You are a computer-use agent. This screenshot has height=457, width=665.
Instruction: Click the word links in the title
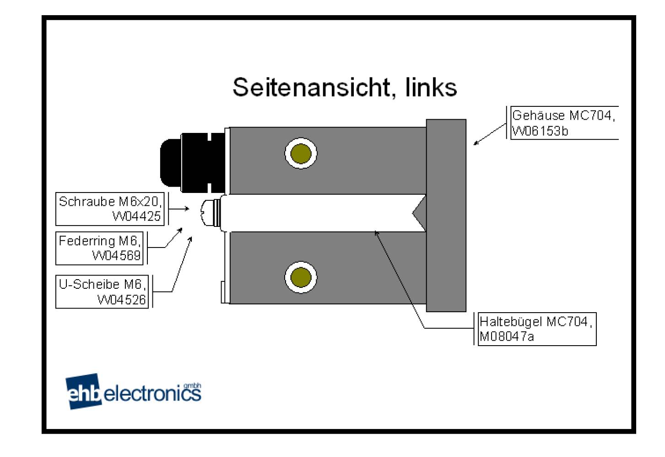click(x=431, y=87)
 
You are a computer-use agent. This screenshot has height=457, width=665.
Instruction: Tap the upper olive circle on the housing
click(x=301, y=153)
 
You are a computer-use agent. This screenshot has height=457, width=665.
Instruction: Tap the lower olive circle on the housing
click(x=301, y=277)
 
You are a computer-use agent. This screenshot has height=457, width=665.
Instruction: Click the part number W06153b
click(x=540, y=131)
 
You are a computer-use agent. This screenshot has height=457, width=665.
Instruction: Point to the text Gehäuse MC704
click(x=563, y=116)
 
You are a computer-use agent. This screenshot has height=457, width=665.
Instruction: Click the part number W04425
click(x=136, y=216)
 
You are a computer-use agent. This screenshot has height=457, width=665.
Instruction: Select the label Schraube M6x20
click(x=110, y=201)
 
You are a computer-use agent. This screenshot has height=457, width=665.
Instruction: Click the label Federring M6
click(x=99, y=241)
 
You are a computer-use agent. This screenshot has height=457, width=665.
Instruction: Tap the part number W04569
click(x=116, y=255)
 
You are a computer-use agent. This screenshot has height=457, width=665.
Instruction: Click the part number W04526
click(x=121, y=299)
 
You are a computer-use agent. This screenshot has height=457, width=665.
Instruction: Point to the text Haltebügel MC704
click(x=535, y=321)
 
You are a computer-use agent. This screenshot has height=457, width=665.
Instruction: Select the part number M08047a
click(x=507, y=336)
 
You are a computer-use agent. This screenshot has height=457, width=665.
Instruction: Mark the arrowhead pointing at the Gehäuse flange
click(x=476, y=143)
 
